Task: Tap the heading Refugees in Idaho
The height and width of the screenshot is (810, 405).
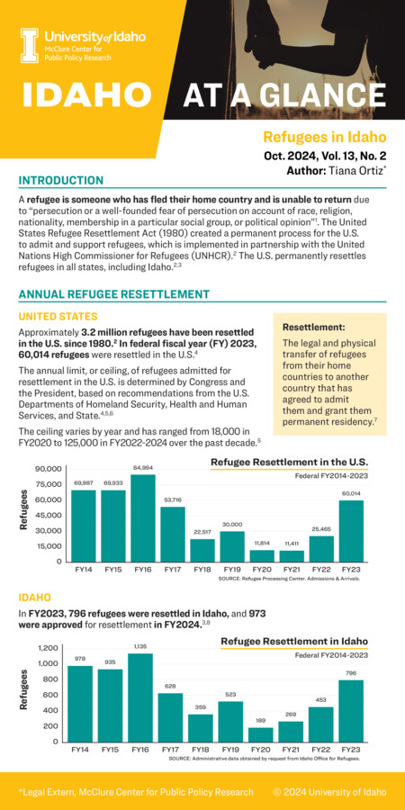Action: [x=324, y=138]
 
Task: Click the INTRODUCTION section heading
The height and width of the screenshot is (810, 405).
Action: [x=61, y=181]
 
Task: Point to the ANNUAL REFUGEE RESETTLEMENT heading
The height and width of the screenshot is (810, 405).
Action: [x=113, y=294]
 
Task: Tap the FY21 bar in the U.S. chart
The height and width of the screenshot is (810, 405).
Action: [x=291, y=555]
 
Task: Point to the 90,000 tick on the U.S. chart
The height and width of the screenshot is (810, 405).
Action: [x=48, y=469]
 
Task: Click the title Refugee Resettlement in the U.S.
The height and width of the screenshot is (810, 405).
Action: [x=289, y=462]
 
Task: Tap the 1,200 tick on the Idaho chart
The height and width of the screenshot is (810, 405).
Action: [x=48, y=648]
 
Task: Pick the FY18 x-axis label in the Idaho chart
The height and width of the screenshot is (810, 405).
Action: [x=202, y=750]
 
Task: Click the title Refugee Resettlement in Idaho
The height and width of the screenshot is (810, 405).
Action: [x=293, y=641]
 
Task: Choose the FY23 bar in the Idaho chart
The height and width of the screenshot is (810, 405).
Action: [x=350, y=710]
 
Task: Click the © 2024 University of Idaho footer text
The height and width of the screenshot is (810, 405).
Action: [x=329, y=792]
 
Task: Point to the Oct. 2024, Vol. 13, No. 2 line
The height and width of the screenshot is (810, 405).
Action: [x=325, y=155]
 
